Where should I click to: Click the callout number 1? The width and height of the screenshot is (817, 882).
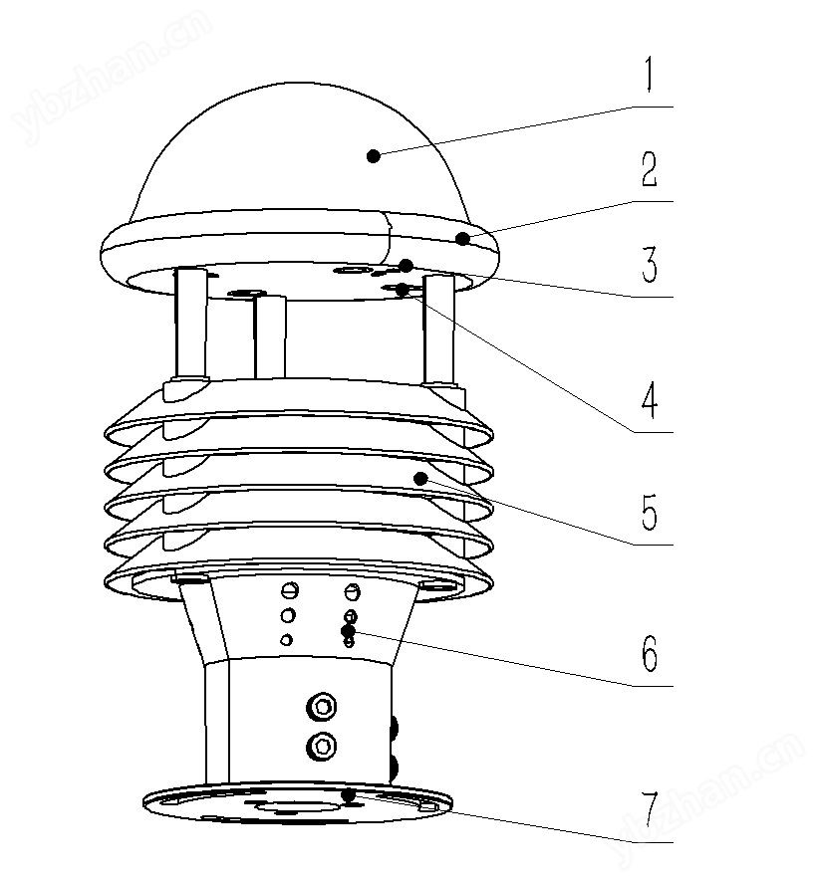650,74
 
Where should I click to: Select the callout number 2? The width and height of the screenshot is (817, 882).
650,169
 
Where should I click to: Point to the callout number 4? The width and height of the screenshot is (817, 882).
650,399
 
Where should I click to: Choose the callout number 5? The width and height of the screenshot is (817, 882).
650,512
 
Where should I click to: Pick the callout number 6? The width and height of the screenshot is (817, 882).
650,653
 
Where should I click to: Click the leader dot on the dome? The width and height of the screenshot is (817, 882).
373,156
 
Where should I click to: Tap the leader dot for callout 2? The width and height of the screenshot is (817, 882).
462,239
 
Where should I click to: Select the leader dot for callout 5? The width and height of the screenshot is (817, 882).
420,479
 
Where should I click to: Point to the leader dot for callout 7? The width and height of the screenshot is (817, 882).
349,795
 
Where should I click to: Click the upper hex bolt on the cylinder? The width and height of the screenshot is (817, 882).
322,707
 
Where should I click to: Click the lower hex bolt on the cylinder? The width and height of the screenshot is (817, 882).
322,747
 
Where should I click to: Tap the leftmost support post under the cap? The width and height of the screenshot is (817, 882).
191,324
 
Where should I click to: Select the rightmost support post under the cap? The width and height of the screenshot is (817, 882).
439,331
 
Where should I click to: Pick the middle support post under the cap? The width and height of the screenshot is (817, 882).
270,336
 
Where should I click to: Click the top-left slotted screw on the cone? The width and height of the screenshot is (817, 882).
289,590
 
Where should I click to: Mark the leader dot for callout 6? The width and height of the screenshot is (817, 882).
348,631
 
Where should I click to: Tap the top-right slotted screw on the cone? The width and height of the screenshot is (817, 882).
352,591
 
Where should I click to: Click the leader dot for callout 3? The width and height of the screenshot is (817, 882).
407,266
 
